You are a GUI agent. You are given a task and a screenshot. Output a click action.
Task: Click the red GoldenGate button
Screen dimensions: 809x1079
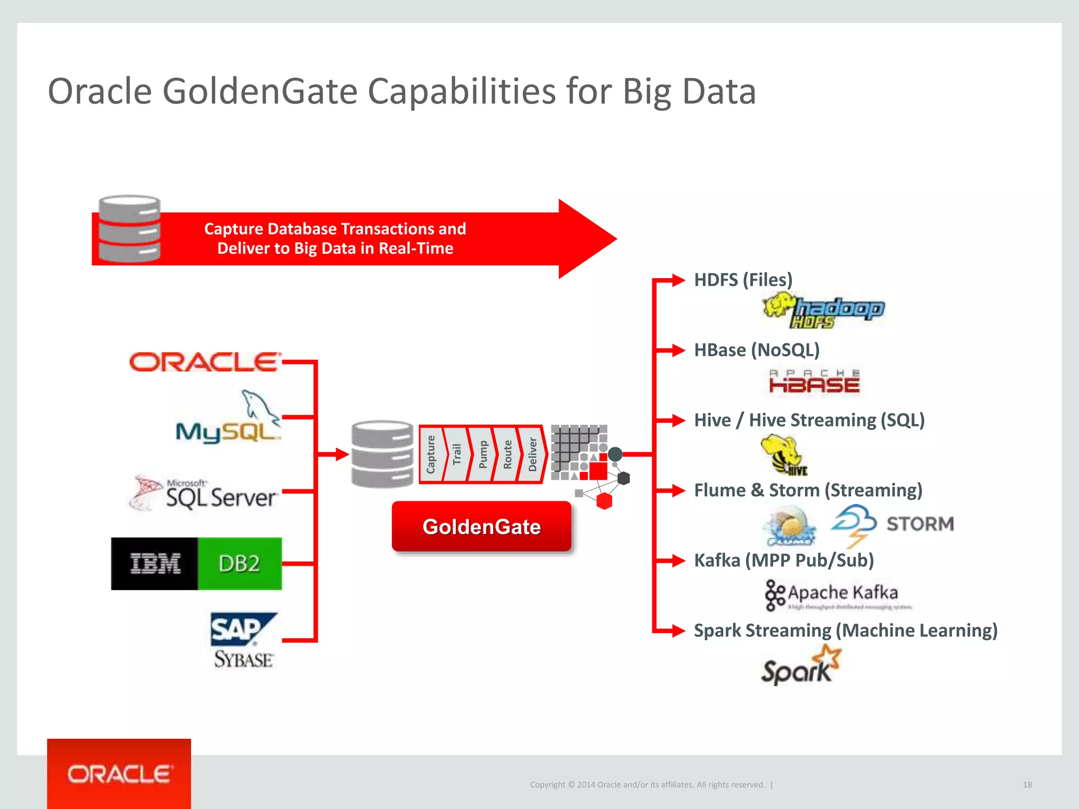(482, 527)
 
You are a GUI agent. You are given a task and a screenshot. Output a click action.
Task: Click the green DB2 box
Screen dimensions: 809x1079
(240, 564)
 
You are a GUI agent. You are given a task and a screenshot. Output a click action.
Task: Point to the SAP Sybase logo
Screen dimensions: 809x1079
(243, 640)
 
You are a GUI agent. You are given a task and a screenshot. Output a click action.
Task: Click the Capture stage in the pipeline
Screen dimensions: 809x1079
(431, 454)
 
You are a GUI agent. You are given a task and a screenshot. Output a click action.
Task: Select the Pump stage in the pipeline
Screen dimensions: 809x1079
(482, 454)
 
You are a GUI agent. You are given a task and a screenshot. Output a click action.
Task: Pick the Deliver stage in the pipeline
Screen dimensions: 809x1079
(532, 454)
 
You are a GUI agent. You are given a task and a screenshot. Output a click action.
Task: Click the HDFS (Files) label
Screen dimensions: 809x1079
(743, 280)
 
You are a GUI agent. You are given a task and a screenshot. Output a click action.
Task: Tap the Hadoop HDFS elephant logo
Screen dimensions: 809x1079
(823, 311)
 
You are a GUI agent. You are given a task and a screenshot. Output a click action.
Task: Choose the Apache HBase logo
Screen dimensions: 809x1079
(814, 382)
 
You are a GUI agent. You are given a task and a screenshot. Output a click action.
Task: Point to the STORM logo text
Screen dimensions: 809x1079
(920, 524)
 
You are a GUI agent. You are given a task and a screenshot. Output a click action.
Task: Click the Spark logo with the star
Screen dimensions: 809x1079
(801, 666)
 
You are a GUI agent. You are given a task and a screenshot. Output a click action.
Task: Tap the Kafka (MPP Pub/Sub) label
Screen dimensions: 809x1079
(783, 560)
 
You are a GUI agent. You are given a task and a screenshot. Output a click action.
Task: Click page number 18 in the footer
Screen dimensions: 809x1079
(1027, 785)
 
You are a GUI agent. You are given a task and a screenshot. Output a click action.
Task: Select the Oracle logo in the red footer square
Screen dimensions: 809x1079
(119, 774)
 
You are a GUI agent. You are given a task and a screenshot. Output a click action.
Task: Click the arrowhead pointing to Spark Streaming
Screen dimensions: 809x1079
(678, 630)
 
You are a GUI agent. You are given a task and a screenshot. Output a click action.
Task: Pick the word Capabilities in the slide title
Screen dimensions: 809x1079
(461, 92)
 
